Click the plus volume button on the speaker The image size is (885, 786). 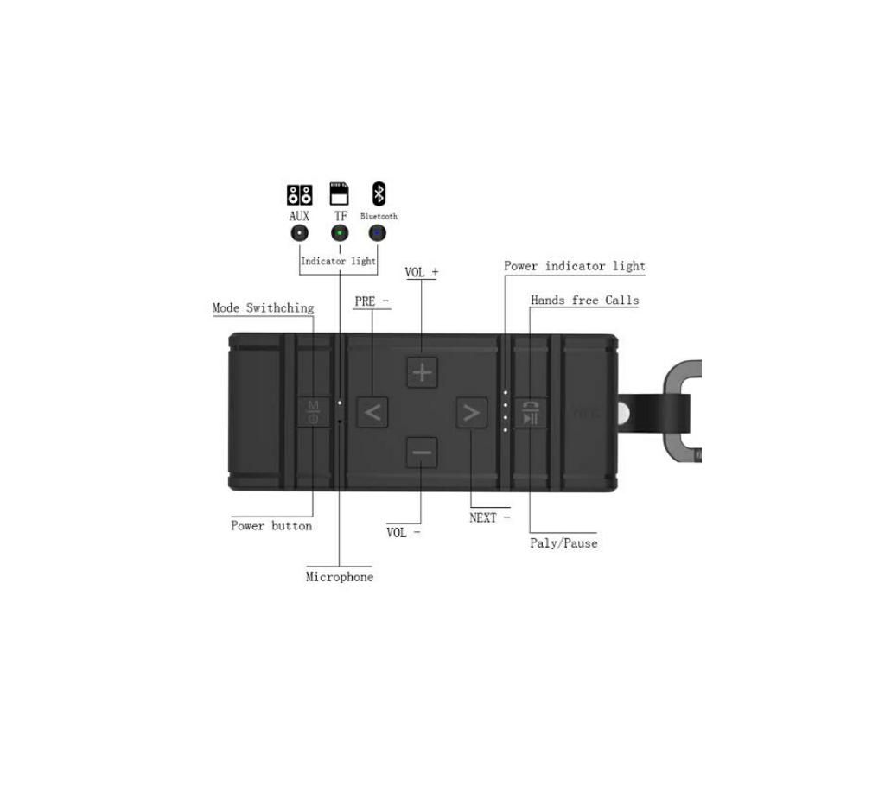pyautogui.click(x=422, y=372)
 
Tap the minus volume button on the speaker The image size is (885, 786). pyautogui.click(x=422, y=453)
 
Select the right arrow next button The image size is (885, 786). pyautogui.click(x=471, y=413)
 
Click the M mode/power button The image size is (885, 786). pyautogui.click(x=313, y=412)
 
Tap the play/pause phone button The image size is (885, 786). pyautogui.click(x=530, y=413)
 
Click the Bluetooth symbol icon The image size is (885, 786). pyautogui.click(x=379, y=193)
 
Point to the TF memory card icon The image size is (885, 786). pyautogui.click(x=339, y=193)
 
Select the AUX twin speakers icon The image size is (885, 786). pyautogui.click(x=299, y=194)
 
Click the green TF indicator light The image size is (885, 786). pyautogui.click(x=339, y=233)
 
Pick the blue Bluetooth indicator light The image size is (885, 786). pyautogui.click(x=377, y=233)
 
